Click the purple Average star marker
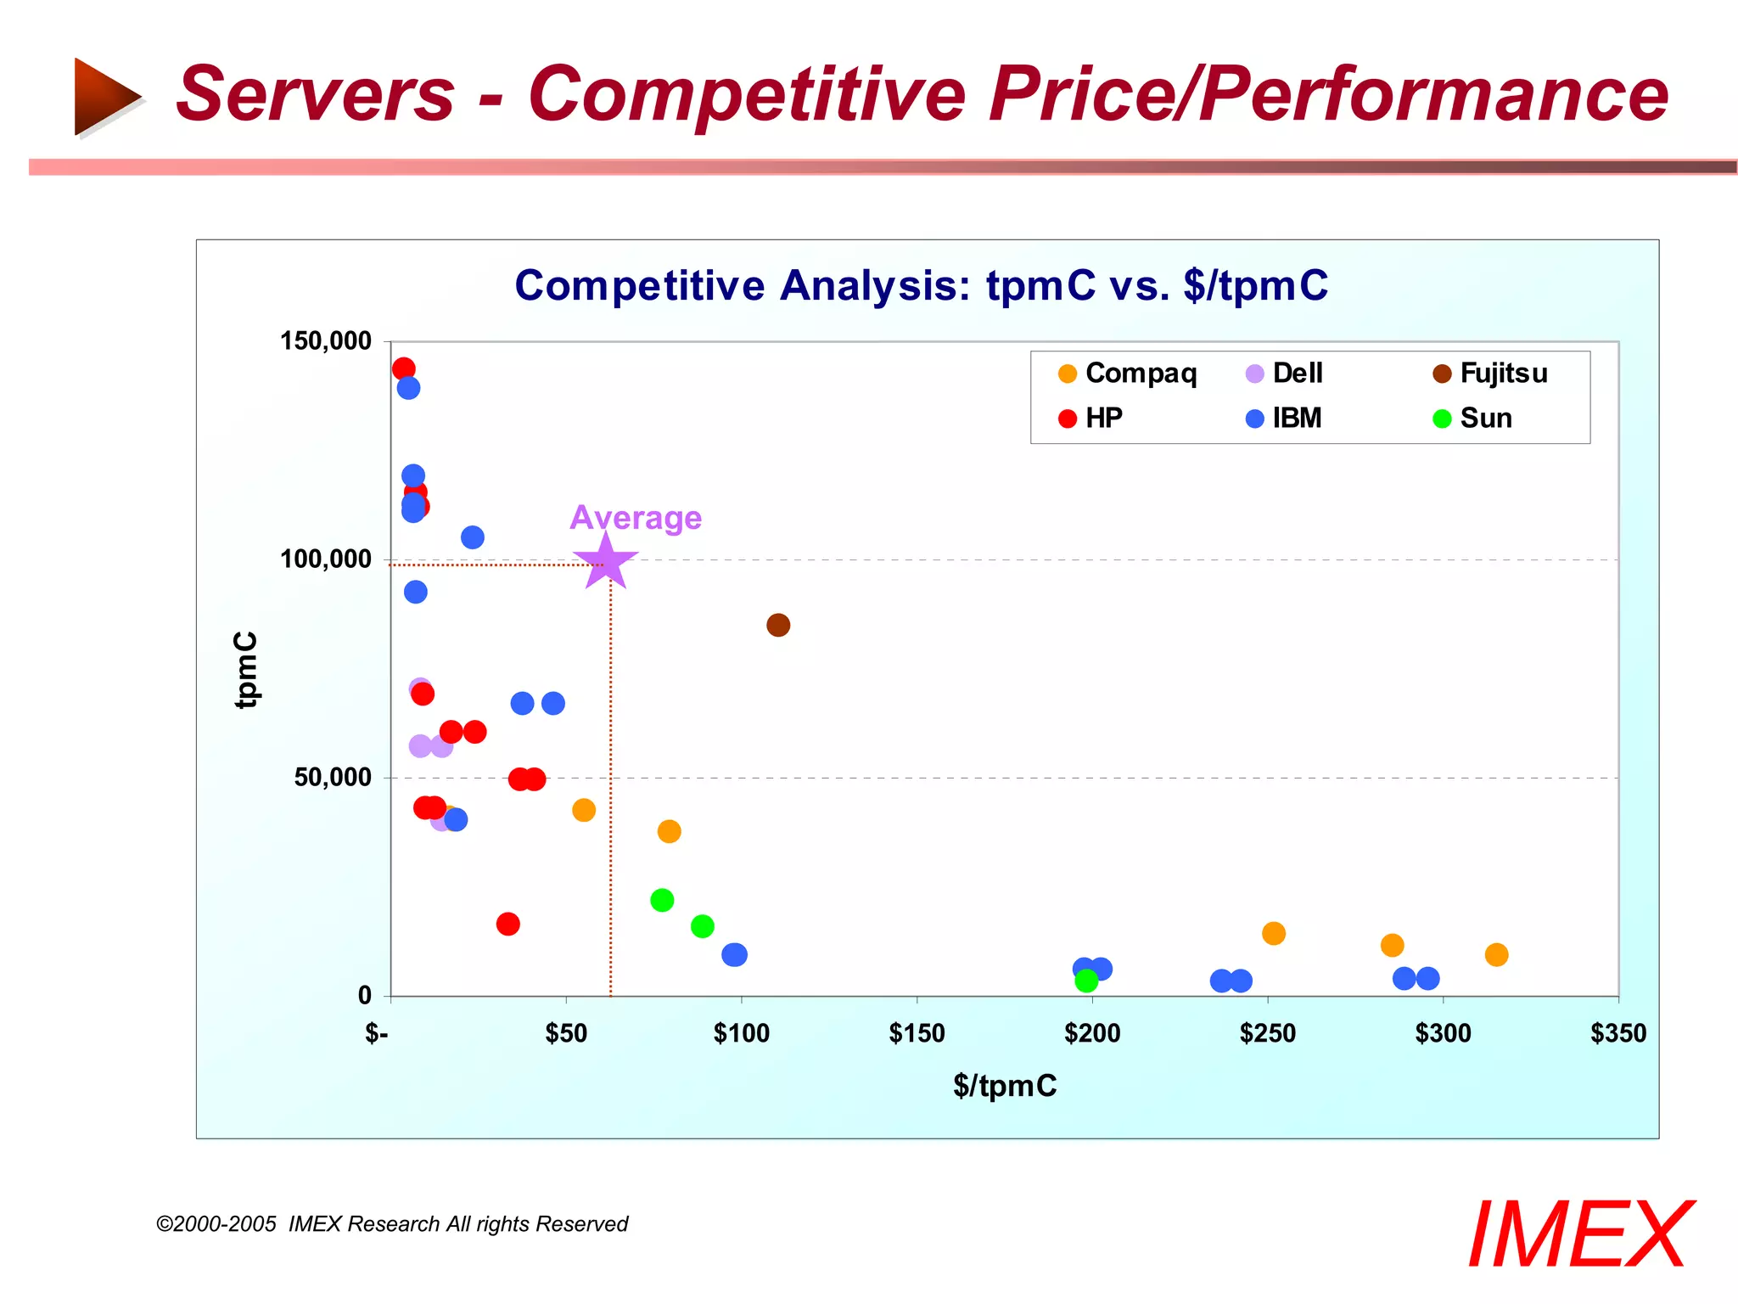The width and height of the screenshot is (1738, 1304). click(605, 563)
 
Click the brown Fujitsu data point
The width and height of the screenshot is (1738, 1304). click(778, 625)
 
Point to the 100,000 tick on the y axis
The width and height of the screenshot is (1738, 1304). click(326, 559)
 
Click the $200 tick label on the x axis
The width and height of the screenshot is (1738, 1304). click(1092, 1033)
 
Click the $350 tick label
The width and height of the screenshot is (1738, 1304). click(1617, 1033)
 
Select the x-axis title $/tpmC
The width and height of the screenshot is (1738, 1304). click(1005, 1086)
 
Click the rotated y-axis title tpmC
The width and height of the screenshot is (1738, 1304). click(246, 669)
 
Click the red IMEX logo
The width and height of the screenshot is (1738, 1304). click(1579, 1234)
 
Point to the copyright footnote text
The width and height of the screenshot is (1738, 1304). click(392, 1224)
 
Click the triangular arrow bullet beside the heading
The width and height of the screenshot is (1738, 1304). click(106, 96)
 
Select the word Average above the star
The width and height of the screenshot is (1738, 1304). click(636, 518)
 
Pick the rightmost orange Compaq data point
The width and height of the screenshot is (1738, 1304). click(1496, 954)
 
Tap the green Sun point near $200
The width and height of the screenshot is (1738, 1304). click(1086, 981)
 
